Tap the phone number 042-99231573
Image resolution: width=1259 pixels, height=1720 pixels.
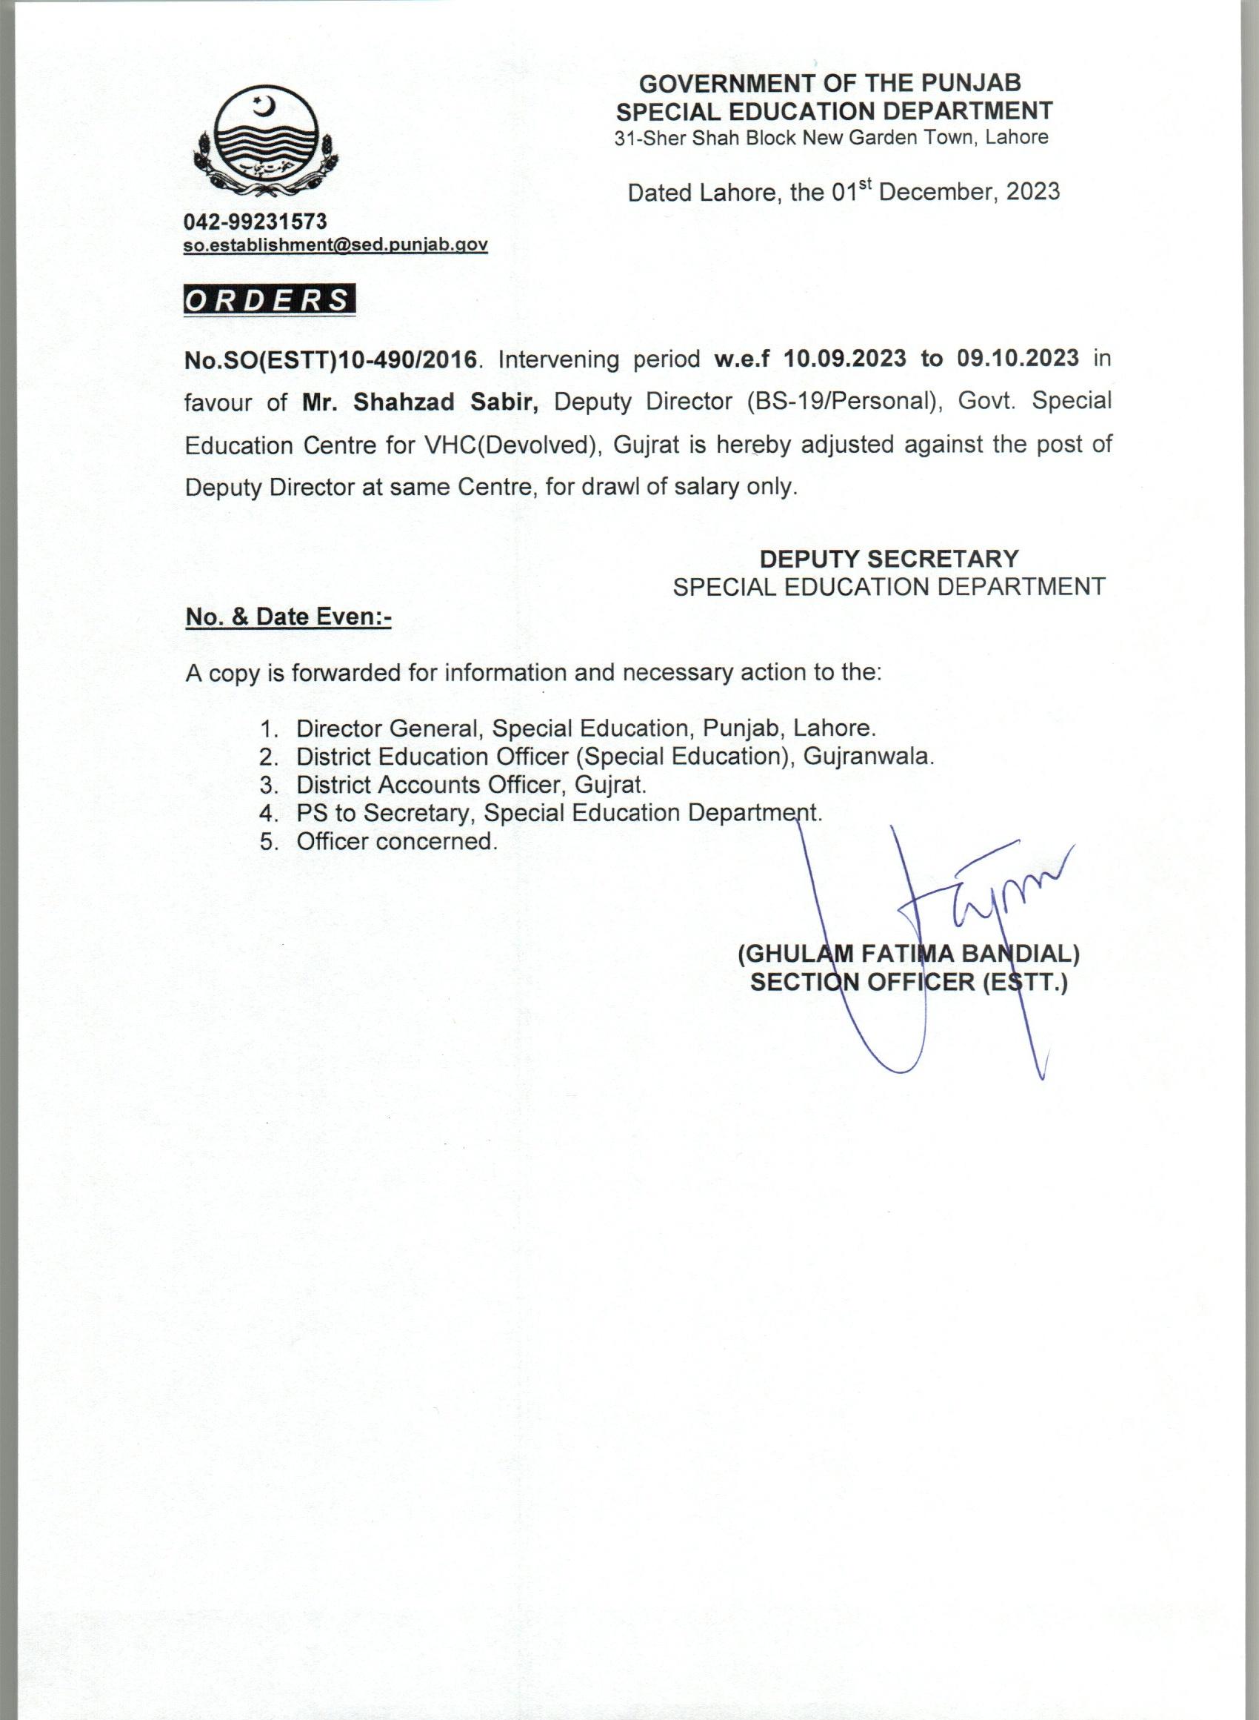tap(256, 222)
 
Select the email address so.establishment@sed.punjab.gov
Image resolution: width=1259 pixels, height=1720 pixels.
tap(335, 245)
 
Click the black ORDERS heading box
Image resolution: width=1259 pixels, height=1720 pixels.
tap(269, 300)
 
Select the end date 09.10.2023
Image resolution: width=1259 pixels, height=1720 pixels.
tap(1018, 359)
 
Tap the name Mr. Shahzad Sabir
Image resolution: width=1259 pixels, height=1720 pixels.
tap(421, 402)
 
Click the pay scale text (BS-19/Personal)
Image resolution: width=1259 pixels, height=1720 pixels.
tap(844, 402)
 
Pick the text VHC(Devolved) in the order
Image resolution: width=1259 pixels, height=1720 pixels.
tap(509, 445)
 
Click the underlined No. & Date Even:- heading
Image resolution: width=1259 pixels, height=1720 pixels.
tap(288, 617)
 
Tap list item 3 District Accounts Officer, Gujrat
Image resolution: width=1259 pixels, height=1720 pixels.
tap(471, 785)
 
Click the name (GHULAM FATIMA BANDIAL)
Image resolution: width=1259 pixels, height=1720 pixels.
tap(909, 953)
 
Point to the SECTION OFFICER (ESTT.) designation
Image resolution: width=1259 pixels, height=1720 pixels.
tap(909, 982)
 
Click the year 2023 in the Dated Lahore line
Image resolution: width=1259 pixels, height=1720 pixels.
tap(1032, 191)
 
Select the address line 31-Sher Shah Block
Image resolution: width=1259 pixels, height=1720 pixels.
tap(832, 138)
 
